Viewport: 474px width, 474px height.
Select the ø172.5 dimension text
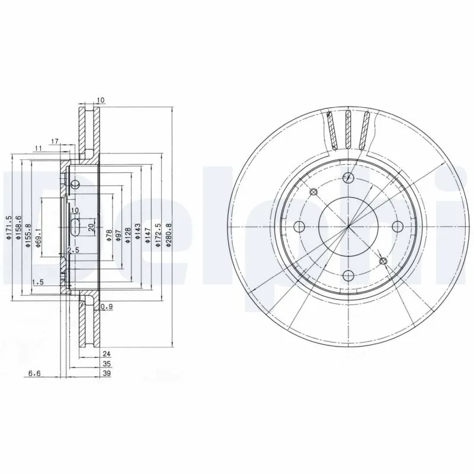[x=158, y=235]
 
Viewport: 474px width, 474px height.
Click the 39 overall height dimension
[x=107, y=374]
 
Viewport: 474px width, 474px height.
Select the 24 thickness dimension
[x=107, y=353]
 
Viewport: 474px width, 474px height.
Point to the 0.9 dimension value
[x=107, y=306]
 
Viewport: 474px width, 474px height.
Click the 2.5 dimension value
[x=73, y=251]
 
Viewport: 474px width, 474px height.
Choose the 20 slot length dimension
[x=91, y=227]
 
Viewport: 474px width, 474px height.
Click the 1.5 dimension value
[x=38, y=283]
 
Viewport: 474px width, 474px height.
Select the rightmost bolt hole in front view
[x=398, y=226]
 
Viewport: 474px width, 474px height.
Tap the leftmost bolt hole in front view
[x=300, y=226]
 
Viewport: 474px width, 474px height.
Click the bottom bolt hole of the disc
[x=349, y=274]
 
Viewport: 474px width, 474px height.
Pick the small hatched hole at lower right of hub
[x=383, y=260]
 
